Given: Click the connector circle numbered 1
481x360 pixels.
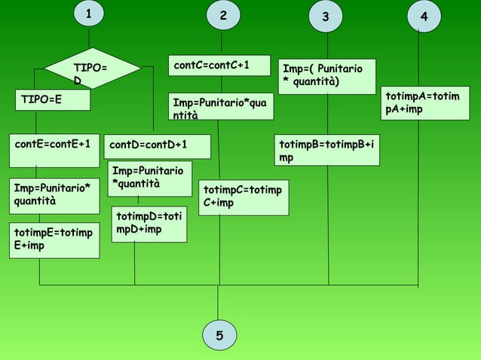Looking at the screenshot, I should (89, 14).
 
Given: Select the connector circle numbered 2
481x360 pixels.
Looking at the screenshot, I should (222, 16).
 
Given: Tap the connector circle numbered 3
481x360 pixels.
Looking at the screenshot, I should (326, 17).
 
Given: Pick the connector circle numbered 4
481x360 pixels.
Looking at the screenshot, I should (424, 16).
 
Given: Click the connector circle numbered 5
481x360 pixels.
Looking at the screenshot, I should (219, 335).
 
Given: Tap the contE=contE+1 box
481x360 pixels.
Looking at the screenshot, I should (54, 144).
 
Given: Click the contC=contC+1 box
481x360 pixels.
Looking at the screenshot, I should (219, 66).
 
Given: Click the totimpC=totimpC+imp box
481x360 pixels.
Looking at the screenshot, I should (244, 197).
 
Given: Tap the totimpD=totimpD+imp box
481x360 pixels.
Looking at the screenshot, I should (149, 225).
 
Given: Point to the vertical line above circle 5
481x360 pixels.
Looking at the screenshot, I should (219, 303).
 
